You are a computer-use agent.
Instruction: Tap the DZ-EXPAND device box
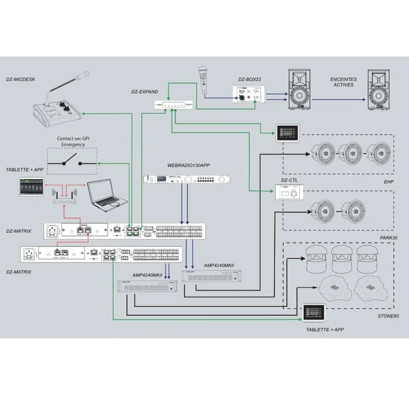pyautogui.click(x=174, y=105)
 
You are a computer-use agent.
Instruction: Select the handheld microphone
pyautogui.click(x=204, y=78)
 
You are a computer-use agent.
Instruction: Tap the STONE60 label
pyautogui.click(x=387, y=316)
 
